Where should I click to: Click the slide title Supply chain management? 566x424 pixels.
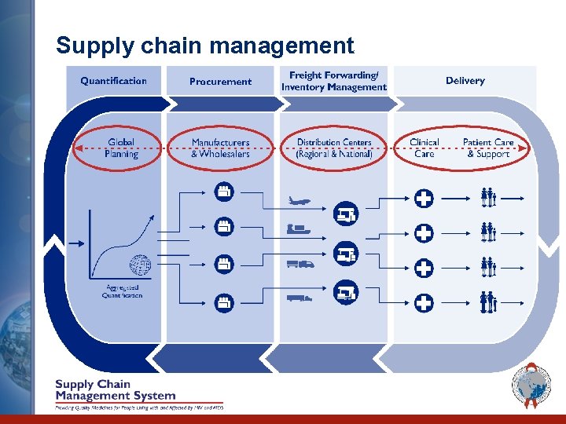(205, 46)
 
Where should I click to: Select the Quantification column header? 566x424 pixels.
(113, 81)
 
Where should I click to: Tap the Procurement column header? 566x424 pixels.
(220, 82)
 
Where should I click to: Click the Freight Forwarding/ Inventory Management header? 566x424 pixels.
(334, 81)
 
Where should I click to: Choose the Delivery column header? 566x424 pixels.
(465, 81)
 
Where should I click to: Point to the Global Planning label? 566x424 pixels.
(120, 148)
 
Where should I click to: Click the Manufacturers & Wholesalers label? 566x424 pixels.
(220, 148)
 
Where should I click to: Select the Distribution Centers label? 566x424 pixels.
(334, 148)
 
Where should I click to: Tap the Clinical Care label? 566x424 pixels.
(424, 148)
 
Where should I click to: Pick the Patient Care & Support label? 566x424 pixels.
(488, 148)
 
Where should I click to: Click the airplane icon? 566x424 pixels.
(300, 201)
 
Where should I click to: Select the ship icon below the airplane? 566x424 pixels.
(299, 230)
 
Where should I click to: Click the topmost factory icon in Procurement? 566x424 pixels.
(223, 191)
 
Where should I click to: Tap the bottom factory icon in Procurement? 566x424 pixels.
(223, 301)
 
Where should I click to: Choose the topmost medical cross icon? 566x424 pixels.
(424, 199)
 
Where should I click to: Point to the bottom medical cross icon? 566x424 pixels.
(424, 302)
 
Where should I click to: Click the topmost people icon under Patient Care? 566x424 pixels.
(488, 198)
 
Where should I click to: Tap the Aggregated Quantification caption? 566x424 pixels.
(123, 291)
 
